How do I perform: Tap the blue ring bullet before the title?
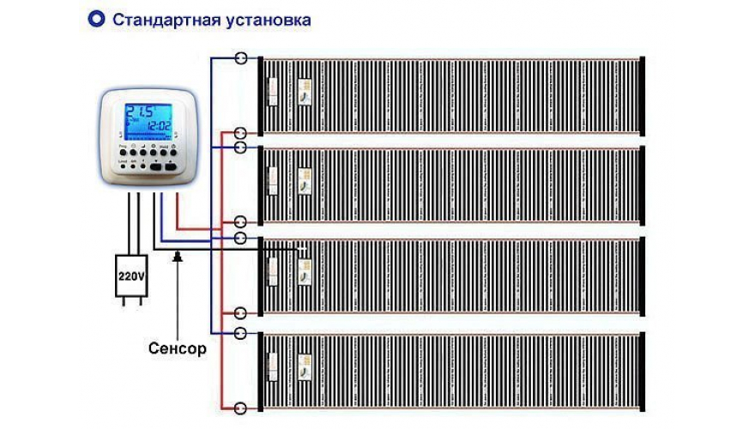point(97,18)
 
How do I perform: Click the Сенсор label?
point(177,349)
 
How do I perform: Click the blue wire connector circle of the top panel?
point(241,58)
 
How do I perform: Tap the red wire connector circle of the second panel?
point(241,221)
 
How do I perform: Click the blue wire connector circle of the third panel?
point(241,238)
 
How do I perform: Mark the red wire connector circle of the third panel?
point(241,313)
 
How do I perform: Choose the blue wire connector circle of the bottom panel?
point(241,332)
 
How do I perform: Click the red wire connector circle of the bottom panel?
point(241,407)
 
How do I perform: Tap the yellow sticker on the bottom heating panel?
point(305,366)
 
